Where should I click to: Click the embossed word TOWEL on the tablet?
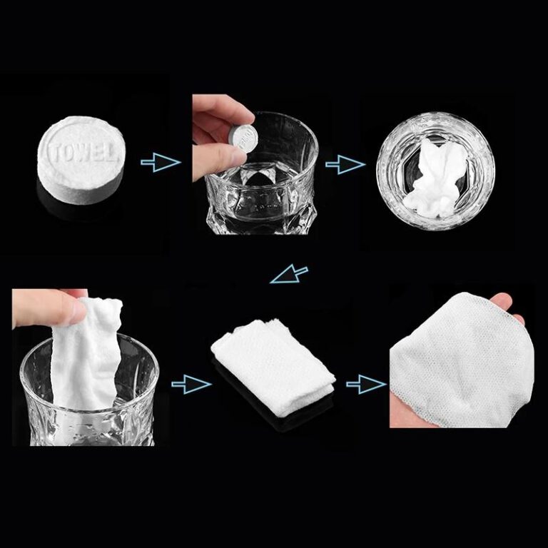click(x=81, y=152)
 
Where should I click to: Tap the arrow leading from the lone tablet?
click(x=160, y=163)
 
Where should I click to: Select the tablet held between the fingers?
click(x=245, y=137)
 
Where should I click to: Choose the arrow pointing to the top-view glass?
click(x=345, y=166)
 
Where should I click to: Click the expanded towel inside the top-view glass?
click(x=436, y=177)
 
